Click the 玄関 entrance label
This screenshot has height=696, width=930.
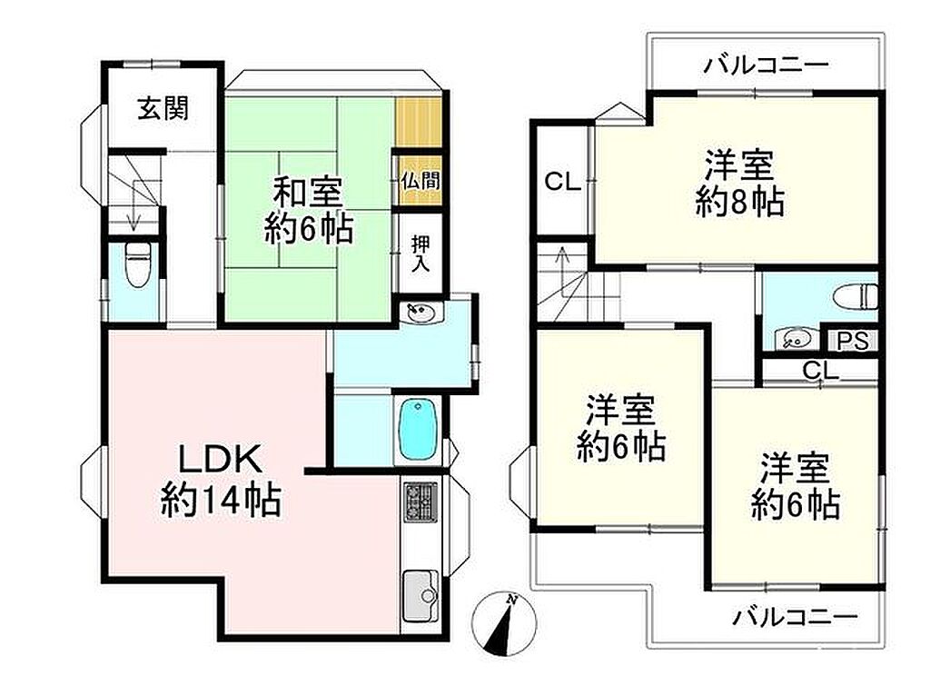pyautogui.click(x=163, y=109)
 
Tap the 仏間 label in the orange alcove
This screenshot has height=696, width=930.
pyautogui.click(x=420, y=181)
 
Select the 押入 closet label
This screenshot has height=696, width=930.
pyautogui.click(x=421, y=254)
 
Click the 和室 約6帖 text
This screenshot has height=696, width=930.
pyautogui.click(x=309, y=211)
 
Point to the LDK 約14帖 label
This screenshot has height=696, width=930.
pyautogui.click(x=221, y=481)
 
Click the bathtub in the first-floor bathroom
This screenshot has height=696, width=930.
pyautogui.click(x=419, y=428)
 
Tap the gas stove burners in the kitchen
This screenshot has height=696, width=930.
pyautogui.click(x=421, y=502)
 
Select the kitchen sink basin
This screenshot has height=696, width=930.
pyautogui.click(x=420, y=595)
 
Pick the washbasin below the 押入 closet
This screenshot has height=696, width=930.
pyautogui.click(x=420, y=313)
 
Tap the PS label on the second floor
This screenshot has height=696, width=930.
pyautogui.click(x=853, y=341)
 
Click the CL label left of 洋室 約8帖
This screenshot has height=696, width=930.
pyautogui.click(x=562, y=182)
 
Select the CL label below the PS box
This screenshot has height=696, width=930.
pyautogui.click(x=820, y=371)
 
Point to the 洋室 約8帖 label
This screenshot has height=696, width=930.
pyautogui.click(x=739, y=184)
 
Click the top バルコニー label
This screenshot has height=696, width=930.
pyautogui.click(x=766, y=65)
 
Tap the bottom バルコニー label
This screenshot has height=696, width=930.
pyautogui.click(x=796, y=618)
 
